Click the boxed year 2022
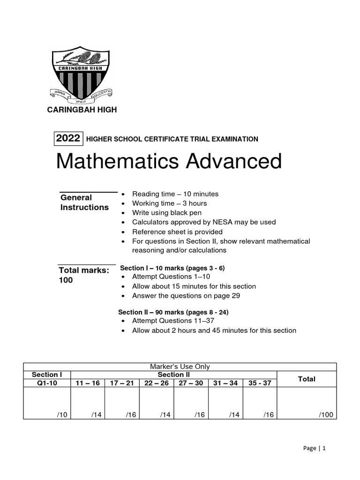tap(68, 138)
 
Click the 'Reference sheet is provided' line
tap(177, 232)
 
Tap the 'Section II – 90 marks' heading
tap(173, 312)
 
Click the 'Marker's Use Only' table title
tap(180, 367)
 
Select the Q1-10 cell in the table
tap(46, 383)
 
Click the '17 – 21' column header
tap(122, 383)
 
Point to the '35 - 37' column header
tap(260, 383)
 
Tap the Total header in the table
tap(307, 379)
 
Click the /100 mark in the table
tap(326, 414)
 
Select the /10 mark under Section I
tap(61, 414)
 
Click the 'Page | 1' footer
tap(314, 448)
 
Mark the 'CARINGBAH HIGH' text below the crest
tap(81, 110)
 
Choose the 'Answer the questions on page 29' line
tap(180, 296)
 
